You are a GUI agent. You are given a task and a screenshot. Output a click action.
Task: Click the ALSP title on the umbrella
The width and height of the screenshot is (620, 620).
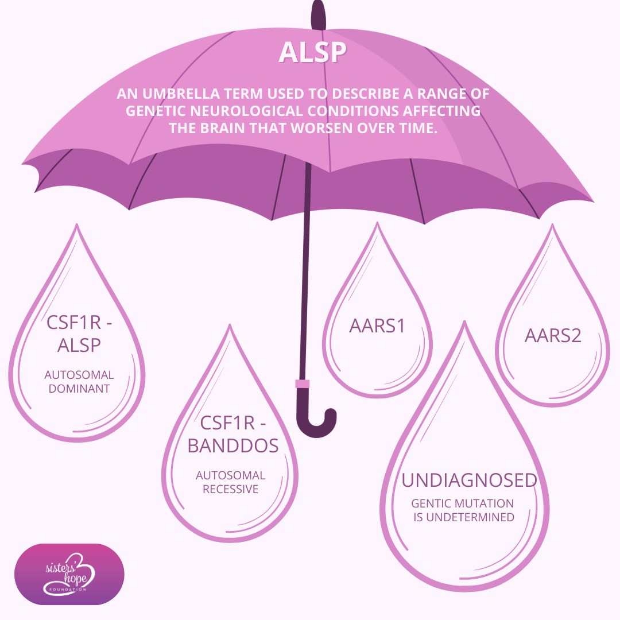point(312,52)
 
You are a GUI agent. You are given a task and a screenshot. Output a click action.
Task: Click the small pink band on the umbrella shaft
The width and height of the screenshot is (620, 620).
point(302,383)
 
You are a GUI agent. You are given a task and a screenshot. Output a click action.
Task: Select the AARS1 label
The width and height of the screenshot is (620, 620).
point(377,326)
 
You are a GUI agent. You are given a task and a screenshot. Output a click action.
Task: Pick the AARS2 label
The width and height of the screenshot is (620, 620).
point(553,336)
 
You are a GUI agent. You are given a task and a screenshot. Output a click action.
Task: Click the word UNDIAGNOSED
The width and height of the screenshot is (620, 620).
point(469,480)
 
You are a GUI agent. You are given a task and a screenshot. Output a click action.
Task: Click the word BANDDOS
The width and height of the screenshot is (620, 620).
point(232,446)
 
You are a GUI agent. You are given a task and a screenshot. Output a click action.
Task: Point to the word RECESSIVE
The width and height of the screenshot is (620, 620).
point(230,490)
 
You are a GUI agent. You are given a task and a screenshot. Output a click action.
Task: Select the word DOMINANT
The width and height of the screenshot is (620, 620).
point(79,389)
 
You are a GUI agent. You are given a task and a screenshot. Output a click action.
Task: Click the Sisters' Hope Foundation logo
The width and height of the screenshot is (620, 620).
point(69,574)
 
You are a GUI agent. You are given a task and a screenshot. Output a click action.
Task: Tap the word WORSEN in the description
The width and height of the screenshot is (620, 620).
point(325,128)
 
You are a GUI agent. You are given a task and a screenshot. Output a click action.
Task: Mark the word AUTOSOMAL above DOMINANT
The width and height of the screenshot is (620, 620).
point(79,375)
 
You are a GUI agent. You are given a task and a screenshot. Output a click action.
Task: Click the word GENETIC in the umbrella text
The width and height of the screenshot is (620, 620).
point(159,111)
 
